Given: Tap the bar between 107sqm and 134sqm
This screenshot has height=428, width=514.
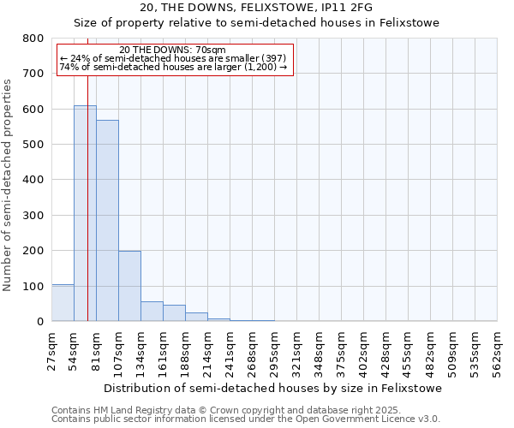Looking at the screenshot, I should (129, 286).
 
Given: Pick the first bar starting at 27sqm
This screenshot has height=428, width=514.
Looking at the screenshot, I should (63, 303).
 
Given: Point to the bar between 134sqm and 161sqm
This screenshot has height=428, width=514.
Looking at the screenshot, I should (152, 312).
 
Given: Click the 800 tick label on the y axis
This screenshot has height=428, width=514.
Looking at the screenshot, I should (33, 39).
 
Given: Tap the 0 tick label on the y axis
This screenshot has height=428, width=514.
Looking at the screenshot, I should (40, 322).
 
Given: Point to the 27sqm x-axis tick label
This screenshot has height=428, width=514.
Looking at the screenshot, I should (52, 351).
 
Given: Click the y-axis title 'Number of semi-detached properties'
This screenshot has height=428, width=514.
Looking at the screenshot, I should (9, 181).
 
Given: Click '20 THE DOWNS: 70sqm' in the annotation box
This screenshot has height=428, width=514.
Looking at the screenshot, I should (173, 51).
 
